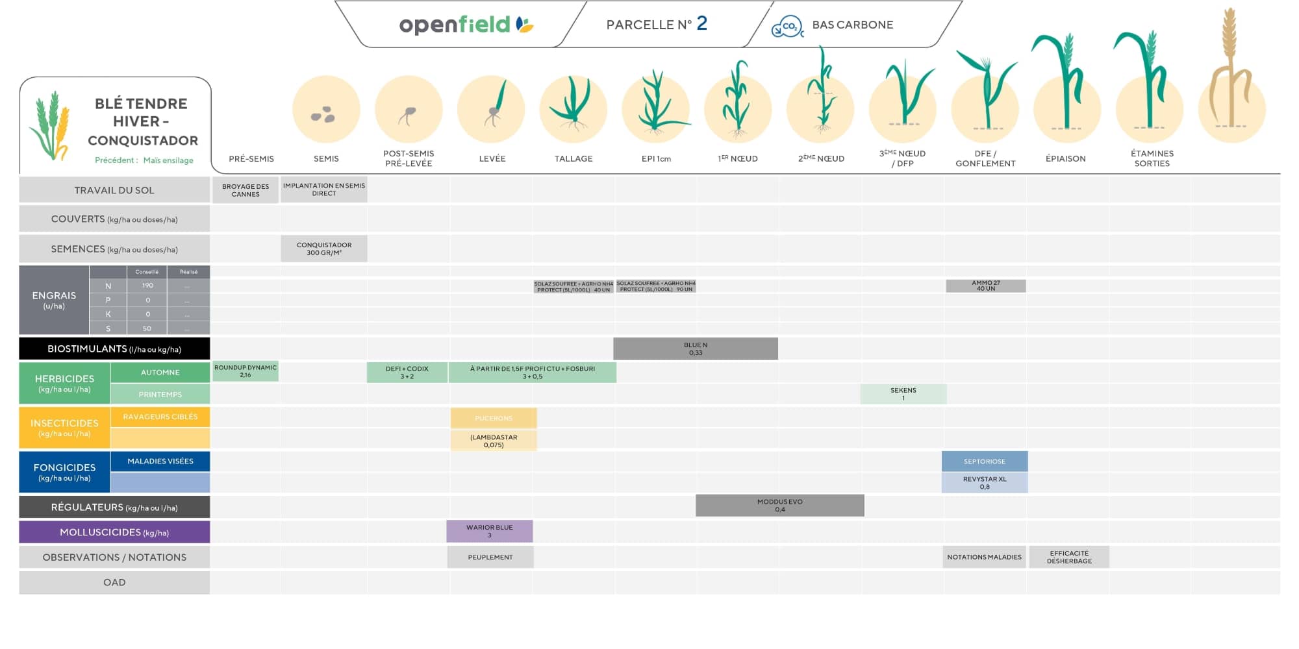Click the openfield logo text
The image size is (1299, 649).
coord(455,25)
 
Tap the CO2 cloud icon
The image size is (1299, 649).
coord(787,26)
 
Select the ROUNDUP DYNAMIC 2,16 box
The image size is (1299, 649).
coord(246,371)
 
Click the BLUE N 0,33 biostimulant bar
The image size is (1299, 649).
coord(696,349)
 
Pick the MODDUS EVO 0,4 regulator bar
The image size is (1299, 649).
coord(779,506)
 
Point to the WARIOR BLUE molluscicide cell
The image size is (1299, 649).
coord(490,531)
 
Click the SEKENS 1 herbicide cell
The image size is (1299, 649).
coord(903,394)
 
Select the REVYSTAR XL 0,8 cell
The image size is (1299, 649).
coord(985,483)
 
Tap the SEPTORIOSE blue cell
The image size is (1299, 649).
coord(985,461)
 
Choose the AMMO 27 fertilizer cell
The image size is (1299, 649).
coord(986,286)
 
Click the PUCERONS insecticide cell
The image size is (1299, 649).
coord(494,418)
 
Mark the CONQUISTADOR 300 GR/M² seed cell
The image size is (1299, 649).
coord(324,249)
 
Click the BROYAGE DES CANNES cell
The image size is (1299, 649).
coord(246,190)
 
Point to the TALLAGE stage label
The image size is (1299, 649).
coord(574,158)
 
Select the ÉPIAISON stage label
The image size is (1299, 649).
coord(1066,158)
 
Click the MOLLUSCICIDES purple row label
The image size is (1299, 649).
coord(114,532)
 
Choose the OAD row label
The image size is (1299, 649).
coord(114,582)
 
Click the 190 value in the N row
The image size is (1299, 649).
coord(147,286)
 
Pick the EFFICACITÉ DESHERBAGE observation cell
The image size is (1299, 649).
coord(1069,557)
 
